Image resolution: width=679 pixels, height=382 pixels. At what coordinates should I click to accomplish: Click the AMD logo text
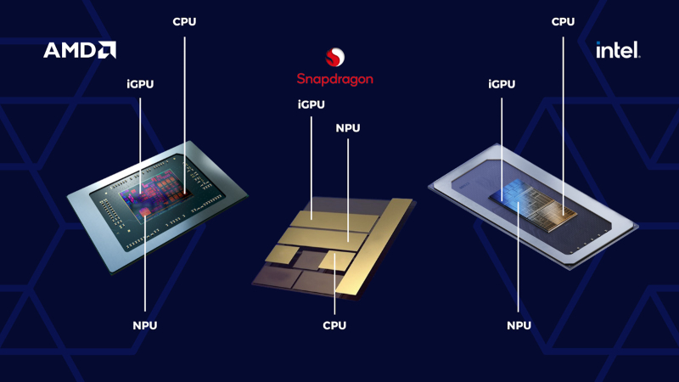(x=71, y=51)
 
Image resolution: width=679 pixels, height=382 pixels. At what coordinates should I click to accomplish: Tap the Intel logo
(x=618, y=51)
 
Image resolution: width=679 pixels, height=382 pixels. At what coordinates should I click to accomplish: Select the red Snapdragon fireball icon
(x=335, y=59)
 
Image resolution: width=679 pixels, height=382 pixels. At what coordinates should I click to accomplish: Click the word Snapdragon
(x=335, y=79)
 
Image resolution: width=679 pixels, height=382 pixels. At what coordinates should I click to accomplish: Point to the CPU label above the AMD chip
(x=184, y=21)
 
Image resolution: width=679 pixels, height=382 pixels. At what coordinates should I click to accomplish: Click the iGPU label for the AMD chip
(x=140, y=85)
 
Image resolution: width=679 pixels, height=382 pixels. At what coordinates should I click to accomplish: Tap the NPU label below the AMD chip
(x=145, y=326)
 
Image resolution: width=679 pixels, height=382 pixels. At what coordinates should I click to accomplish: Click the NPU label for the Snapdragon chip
(x=348, y=128)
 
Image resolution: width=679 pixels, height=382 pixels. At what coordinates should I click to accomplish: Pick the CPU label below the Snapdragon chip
(x=334, y=326)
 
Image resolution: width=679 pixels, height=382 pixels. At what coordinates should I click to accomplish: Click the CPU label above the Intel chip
(x=564, y=21)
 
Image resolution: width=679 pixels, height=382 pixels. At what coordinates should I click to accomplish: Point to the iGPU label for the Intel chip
(x=502, y=85)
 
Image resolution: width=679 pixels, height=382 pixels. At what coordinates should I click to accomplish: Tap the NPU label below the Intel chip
(x=519, y=326)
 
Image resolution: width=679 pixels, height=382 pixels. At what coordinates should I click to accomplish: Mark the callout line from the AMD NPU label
(x=145, y=272)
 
